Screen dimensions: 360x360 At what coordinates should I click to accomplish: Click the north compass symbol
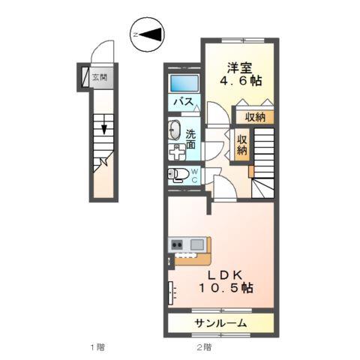[x=147, y=34]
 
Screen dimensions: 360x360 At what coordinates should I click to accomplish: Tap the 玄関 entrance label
[x=100, y=77]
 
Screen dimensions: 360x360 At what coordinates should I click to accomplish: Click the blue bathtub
[x=184, y=83]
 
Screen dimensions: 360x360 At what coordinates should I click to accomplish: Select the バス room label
[x=184, y=102]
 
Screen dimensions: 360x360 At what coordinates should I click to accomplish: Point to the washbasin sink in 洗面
[x=174, y=130]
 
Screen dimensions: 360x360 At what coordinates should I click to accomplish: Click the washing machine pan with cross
[x=177, y=152]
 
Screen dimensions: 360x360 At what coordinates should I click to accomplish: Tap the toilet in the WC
[x=178, y=173]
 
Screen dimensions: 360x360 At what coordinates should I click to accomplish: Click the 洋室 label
[x=239, y=67]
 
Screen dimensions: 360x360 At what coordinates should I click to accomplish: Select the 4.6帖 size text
[x=241, y=81]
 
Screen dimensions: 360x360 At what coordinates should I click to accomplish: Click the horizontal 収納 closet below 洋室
[x=255, y=117]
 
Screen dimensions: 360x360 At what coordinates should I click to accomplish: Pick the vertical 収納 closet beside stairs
[x=242, y=145]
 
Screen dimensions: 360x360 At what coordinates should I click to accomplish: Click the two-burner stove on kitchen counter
[x=177, y=244]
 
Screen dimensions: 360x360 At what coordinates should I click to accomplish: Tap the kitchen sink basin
[x=197, y=244]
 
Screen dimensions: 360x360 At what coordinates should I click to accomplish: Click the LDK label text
[x=226, y=275]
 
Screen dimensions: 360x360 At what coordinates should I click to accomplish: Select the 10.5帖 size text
[x=226, y=288]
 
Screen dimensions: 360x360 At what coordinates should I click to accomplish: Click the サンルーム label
[x=220, y=323]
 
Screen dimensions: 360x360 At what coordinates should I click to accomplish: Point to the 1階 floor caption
[x=97, y=347]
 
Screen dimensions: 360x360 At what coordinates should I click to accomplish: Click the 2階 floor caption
[x=204, y=347]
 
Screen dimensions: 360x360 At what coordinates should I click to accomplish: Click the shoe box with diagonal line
[x=85, y=77]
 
